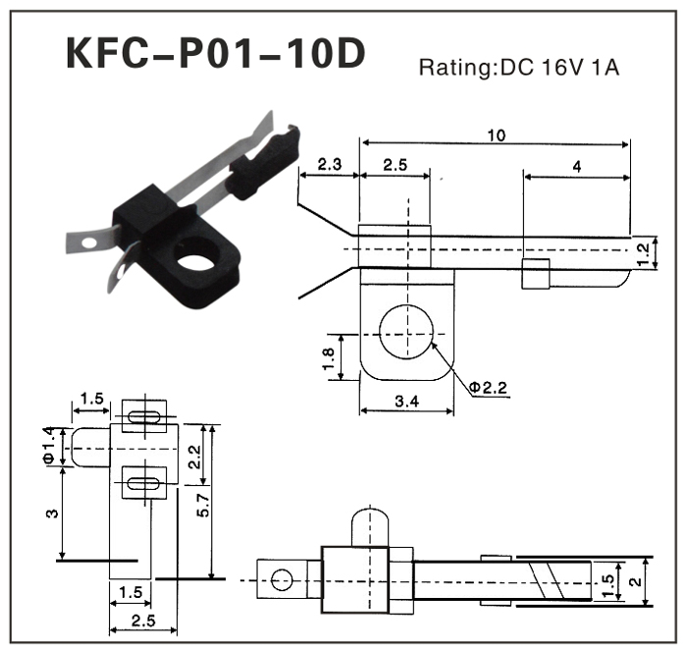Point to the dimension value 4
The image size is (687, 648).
pyautogui.click(x=575, y=167)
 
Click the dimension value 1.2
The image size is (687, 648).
pyautogui.click(x=644, y=253)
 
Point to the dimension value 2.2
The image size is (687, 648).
pyautogui.click(x=194, y=455)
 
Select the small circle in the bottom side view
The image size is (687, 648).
pyautogui.click(x=282, y=578)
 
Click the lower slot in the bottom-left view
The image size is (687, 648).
pyautogui.click(x=144, y=482)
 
